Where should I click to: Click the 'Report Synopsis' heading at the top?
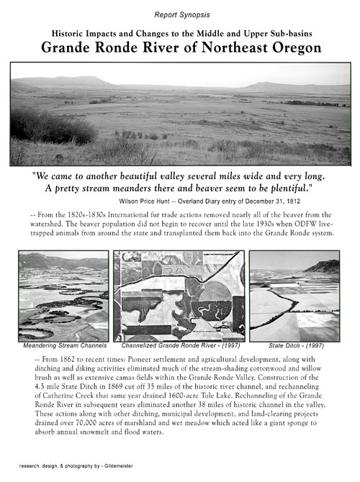pos(179,14)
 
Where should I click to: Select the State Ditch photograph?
pos(294,295)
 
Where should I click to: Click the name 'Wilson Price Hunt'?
pos(148,199)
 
